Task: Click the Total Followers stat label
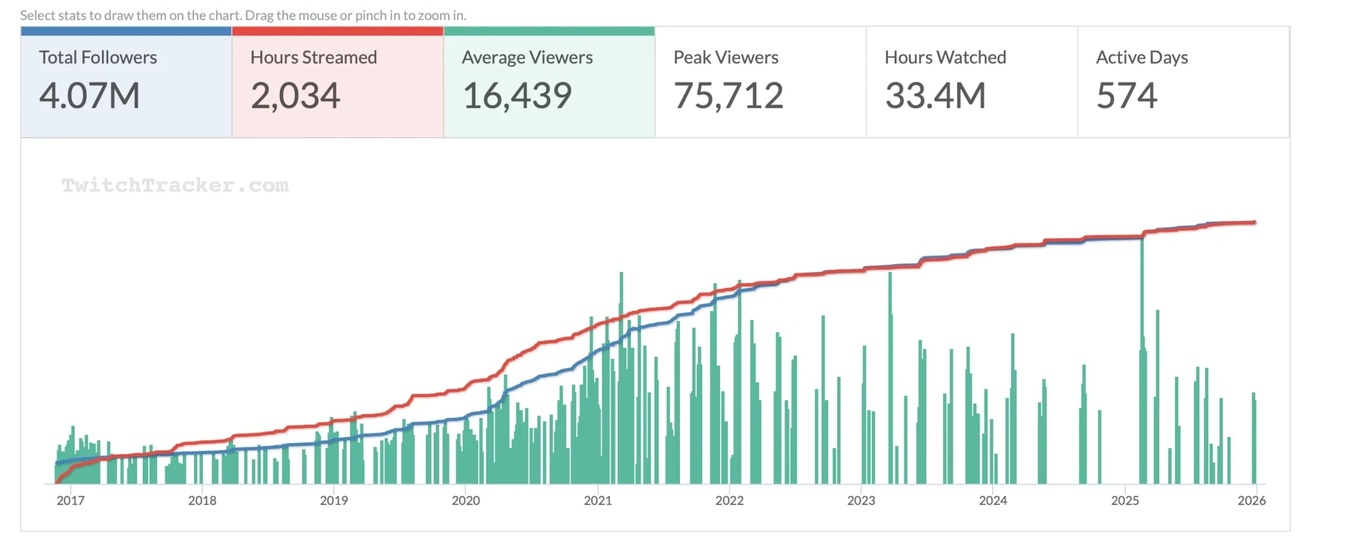tap(98, 57)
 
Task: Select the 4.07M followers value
tap(89, 96)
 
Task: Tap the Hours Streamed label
tap(314, 57)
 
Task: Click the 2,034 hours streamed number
tap(295, 96)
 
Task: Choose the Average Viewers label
tap(527, 57)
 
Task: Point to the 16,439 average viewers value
tap(517, 96)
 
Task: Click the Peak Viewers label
tap(726, 57)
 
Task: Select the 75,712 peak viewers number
tap(728, 96)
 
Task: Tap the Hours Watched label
tap(945, 57)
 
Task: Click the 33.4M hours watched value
tap(936, 96)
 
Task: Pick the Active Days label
tap(1142, 57)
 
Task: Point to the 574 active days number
tap(1127, 96)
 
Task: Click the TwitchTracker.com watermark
tap(175, 186)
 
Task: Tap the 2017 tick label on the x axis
tap(71, 501)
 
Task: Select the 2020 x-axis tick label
tap(465, 501)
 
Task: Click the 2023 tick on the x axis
tap(861, 501)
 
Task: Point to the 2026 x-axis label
tap(1251, 501)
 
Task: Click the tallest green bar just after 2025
tap(1142, 360)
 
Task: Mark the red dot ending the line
tap(1254, 222)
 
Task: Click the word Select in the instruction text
tap(37, 15)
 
